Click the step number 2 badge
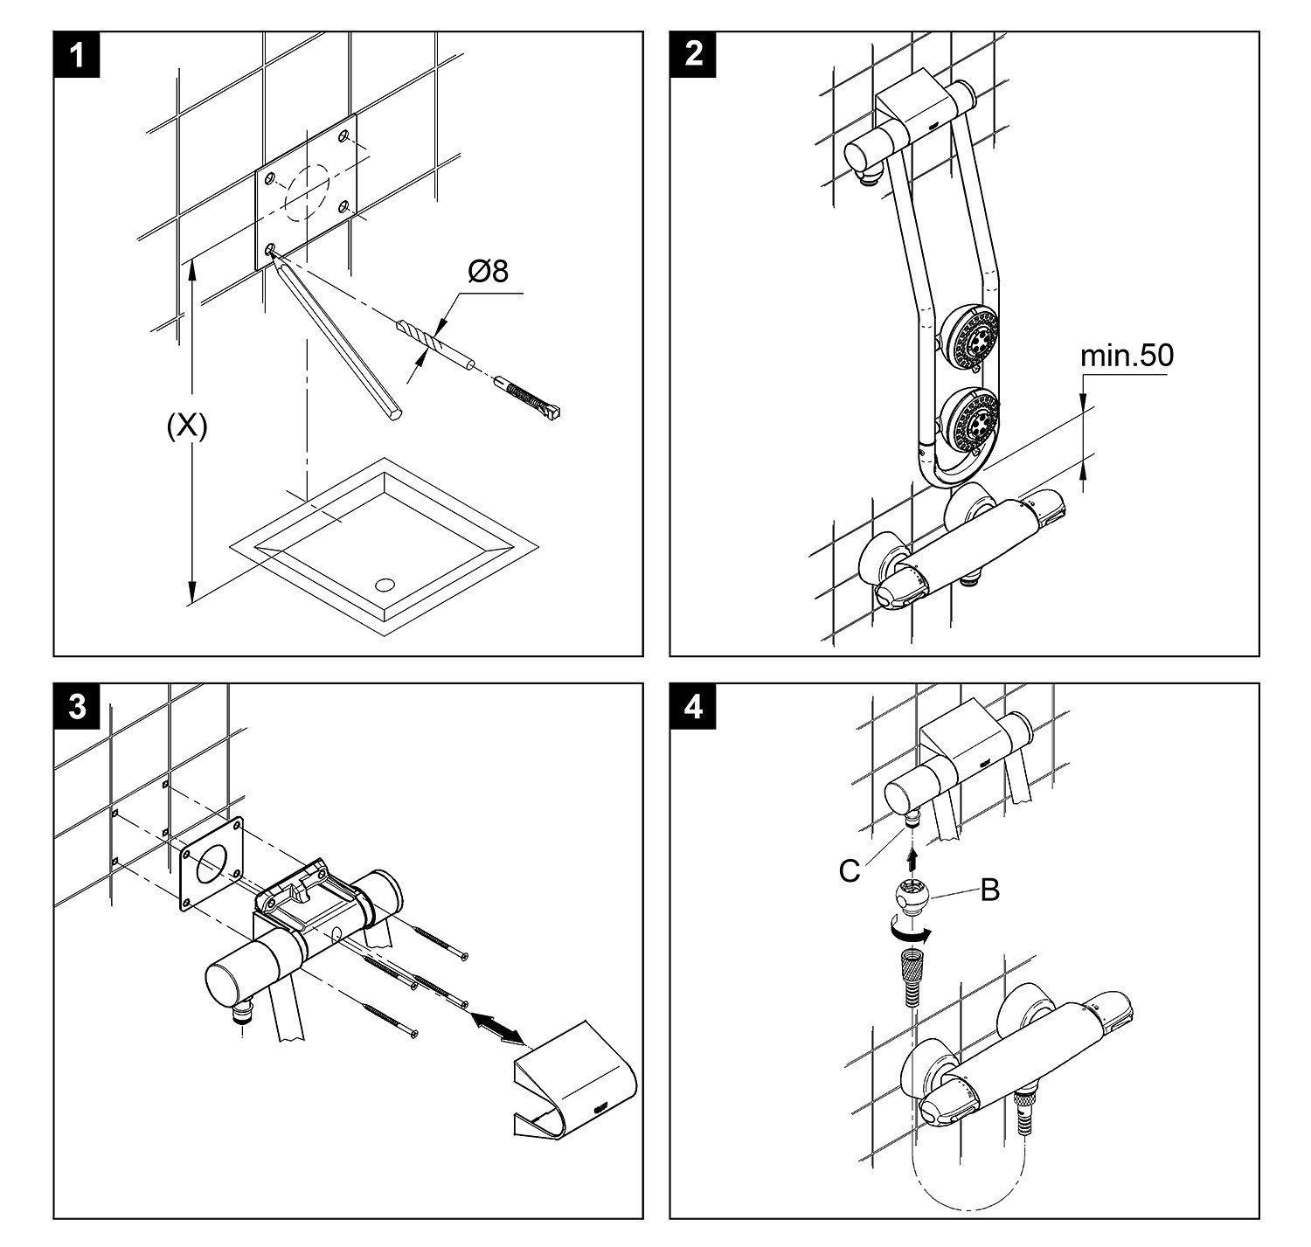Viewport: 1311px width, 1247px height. [x=694, y=55]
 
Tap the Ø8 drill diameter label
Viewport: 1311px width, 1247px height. [x=488, y=272]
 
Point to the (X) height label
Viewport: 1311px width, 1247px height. [x=187, y=426]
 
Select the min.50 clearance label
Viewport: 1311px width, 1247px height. [x=1127, y=357]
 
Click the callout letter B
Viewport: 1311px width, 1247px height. [x=989, y=890]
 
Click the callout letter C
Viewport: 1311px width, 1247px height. [x=849, y=870]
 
